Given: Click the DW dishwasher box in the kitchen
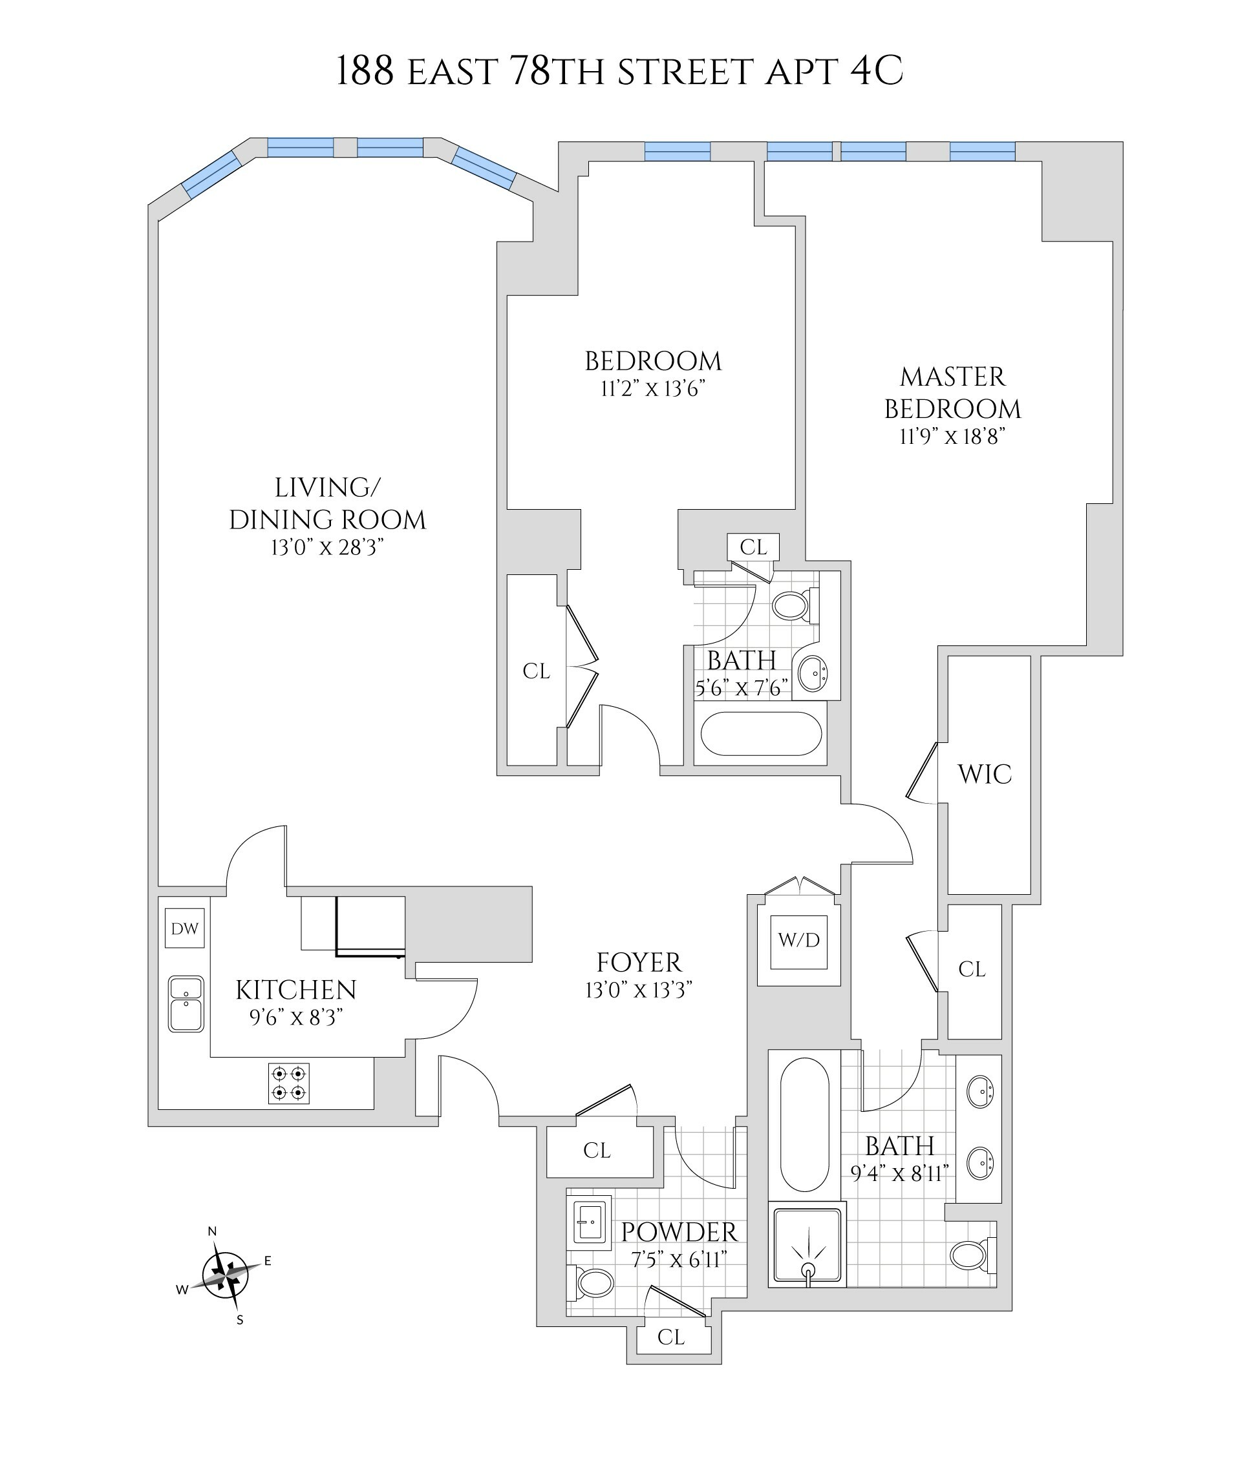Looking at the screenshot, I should point(184,928).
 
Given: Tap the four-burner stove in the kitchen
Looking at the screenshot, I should point(288,1083).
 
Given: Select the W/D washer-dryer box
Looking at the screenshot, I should point(799,939).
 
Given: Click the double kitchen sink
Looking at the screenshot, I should point(186,1004).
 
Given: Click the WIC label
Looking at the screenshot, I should point(984,775).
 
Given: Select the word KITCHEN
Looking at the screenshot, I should point(295,990).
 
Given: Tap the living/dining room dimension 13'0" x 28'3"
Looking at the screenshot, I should point(326,548).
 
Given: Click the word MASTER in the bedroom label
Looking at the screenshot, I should point(952,377).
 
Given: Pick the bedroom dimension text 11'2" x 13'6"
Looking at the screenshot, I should point(652,389).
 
